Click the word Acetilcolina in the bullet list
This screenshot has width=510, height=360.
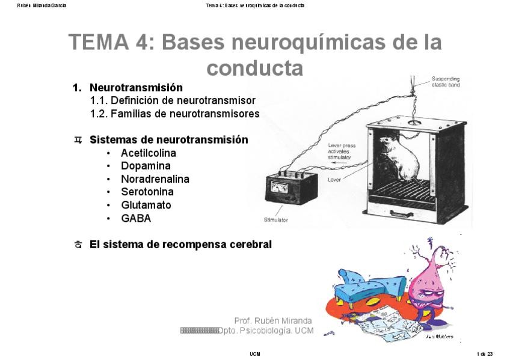point(148,153)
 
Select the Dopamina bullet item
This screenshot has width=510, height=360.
point(146,166)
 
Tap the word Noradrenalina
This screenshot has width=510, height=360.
point(155,179)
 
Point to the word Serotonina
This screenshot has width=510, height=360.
point(147,192)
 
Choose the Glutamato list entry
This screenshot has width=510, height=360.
point(146,205)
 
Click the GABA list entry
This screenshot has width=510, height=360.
point(136,218)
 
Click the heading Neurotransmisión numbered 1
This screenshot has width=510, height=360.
point(136,88)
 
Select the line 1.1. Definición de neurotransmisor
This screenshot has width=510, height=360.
point(173,100)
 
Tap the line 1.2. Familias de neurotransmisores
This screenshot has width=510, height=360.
point(174,114)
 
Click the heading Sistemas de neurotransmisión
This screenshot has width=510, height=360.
point(168,140)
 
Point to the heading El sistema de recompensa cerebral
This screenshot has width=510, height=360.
point(180,245)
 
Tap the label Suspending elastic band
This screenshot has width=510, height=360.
point(447,82)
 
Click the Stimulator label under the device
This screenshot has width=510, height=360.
point(276,220)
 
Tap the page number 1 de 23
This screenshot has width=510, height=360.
point(485,354)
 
